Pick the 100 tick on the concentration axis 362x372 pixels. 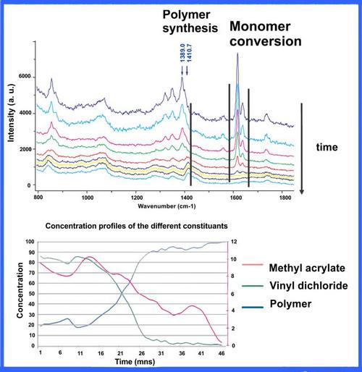29,242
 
